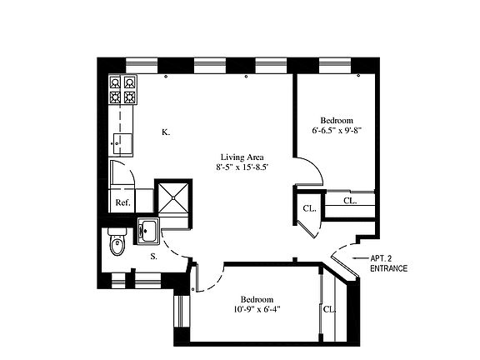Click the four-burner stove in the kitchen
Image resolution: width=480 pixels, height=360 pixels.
[x=122, y=90]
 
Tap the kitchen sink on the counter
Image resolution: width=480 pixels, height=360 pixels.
[x=122, y=141]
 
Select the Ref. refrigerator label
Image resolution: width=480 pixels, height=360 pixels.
[x=122, y=202]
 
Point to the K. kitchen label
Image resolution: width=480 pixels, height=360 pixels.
[x=166, y=132]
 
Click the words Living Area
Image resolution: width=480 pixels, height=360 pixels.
[x=242, y=157]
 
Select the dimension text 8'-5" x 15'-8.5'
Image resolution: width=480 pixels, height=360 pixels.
[x=242, y=167]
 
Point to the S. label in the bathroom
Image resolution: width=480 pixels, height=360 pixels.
[x=154, y=257]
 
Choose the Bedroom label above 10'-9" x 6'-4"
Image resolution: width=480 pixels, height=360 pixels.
[x=257, y=299]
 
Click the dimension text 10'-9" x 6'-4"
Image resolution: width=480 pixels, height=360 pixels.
[x=257, y=311]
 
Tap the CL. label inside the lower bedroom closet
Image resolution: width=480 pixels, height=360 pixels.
[x=328, y=308]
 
